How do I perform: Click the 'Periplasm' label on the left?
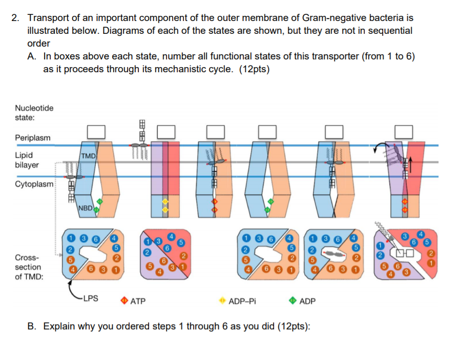tap(33, 138)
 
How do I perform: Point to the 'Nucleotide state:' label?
tap(34, 113)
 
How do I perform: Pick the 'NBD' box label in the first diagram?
tap(86, 208)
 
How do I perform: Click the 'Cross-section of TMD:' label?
tap(29, 267)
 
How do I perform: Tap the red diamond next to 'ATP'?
tap(124, 301)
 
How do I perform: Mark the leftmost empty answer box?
tap(96, 132)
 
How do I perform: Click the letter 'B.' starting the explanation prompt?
tap(33, 326)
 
